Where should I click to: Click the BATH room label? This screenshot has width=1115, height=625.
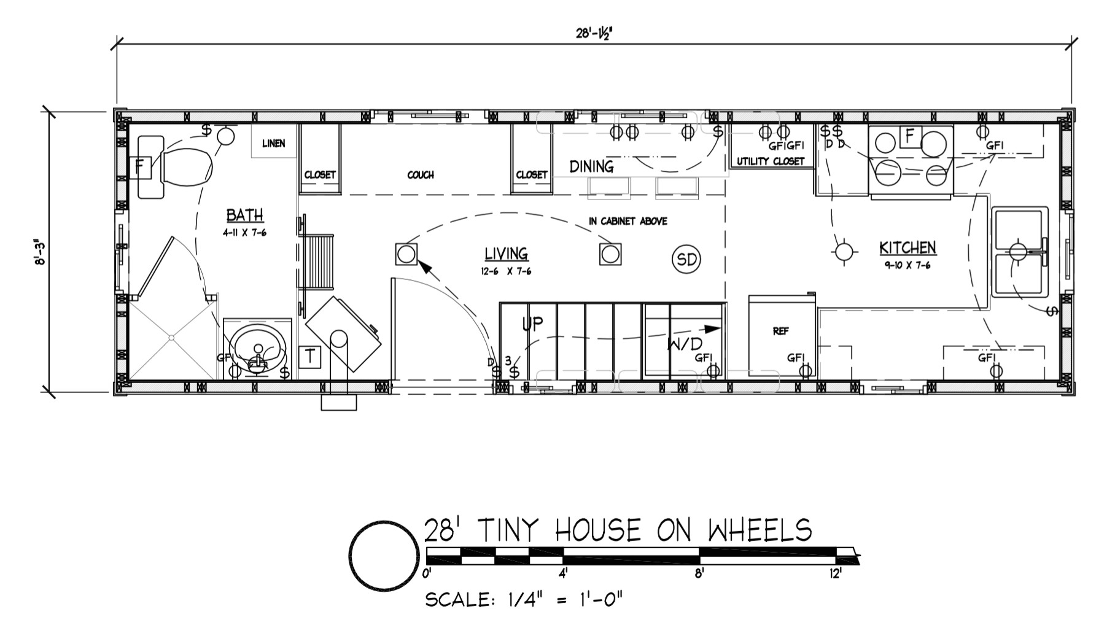pos(244,215)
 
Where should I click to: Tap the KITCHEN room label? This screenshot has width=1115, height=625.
pos(907,248)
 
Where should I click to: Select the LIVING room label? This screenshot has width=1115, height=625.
pos(506,254)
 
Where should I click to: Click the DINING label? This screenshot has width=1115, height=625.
pos(591,166)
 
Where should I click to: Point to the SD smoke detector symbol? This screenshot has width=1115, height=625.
pos(686,260)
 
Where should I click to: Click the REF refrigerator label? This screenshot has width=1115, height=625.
pos(780,332)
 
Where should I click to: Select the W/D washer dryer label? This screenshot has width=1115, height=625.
pos(684,344)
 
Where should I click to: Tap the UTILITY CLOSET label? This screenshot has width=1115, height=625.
pos(771,161)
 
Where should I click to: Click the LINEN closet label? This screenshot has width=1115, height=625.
pos(273,144)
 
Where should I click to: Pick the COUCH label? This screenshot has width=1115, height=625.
pos(420,175)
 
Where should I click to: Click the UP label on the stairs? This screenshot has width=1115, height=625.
pos(532,324)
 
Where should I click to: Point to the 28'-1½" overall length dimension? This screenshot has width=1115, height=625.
pos(594,34)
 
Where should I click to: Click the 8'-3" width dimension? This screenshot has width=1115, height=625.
pos(41,252)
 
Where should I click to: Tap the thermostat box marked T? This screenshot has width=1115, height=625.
pos(310,357)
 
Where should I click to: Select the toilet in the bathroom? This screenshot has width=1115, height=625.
pos(184,166)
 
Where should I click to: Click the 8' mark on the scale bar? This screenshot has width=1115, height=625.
pos(699,574)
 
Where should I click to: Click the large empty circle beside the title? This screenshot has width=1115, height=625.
pos(384,556)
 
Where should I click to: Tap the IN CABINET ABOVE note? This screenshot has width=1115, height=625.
pos(627,221)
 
